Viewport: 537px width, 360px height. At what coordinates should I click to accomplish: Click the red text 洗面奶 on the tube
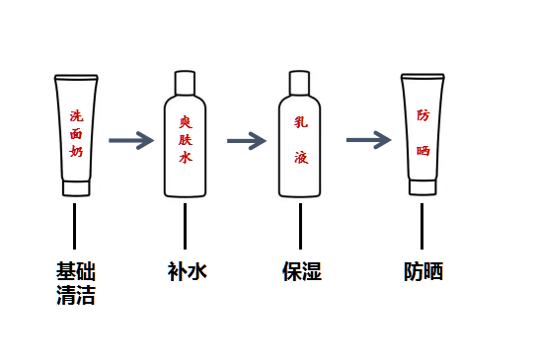click(x=76, y=133)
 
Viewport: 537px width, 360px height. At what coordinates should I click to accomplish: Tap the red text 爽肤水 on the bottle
click(x=186, y=140)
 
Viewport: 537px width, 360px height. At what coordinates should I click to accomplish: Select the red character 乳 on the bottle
click(x=301, y=122)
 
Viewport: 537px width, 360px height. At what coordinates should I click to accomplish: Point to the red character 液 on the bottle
click(x=301, y=158)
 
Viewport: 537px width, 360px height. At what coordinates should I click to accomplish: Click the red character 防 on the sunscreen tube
click(x=423, y=115)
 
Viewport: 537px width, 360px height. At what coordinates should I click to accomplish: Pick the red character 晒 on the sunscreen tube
click(x=423, y=151)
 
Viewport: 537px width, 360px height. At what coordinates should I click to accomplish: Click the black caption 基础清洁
click(x=76, y=283)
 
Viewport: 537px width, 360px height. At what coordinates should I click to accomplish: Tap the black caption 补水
click(x=188, y=271)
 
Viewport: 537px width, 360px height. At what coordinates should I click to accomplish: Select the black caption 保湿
click(x=302, y=271)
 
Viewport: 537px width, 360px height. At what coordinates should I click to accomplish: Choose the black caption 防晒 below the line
click(x=423, y=271)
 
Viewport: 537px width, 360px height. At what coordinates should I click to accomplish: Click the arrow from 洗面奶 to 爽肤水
click(x=131, y=140)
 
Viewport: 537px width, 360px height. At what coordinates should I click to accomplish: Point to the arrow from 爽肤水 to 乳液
click(x=247, y=141)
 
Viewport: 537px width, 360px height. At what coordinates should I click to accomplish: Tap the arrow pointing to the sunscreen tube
click(x=368, y=140)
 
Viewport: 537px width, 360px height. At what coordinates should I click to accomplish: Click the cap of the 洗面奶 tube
click(x=76, y=188)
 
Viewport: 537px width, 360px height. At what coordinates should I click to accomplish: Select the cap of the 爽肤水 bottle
click(x=185, y=83)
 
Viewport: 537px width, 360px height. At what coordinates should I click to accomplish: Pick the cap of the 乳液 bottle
click(x=300, y=83)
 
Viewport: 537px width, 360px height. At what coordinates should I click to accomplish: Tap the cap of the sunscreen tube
click(x=422, y=187)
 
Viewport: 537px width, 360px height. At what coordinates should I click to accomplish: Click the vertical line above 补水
click(x=185, y=226)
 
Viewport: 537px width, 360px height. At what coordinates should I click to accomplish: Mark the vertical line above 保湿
click(x=300, y=226)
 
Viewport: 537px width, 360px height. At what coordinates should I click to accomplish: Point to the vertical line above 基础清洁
click(x=74, y=226)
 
